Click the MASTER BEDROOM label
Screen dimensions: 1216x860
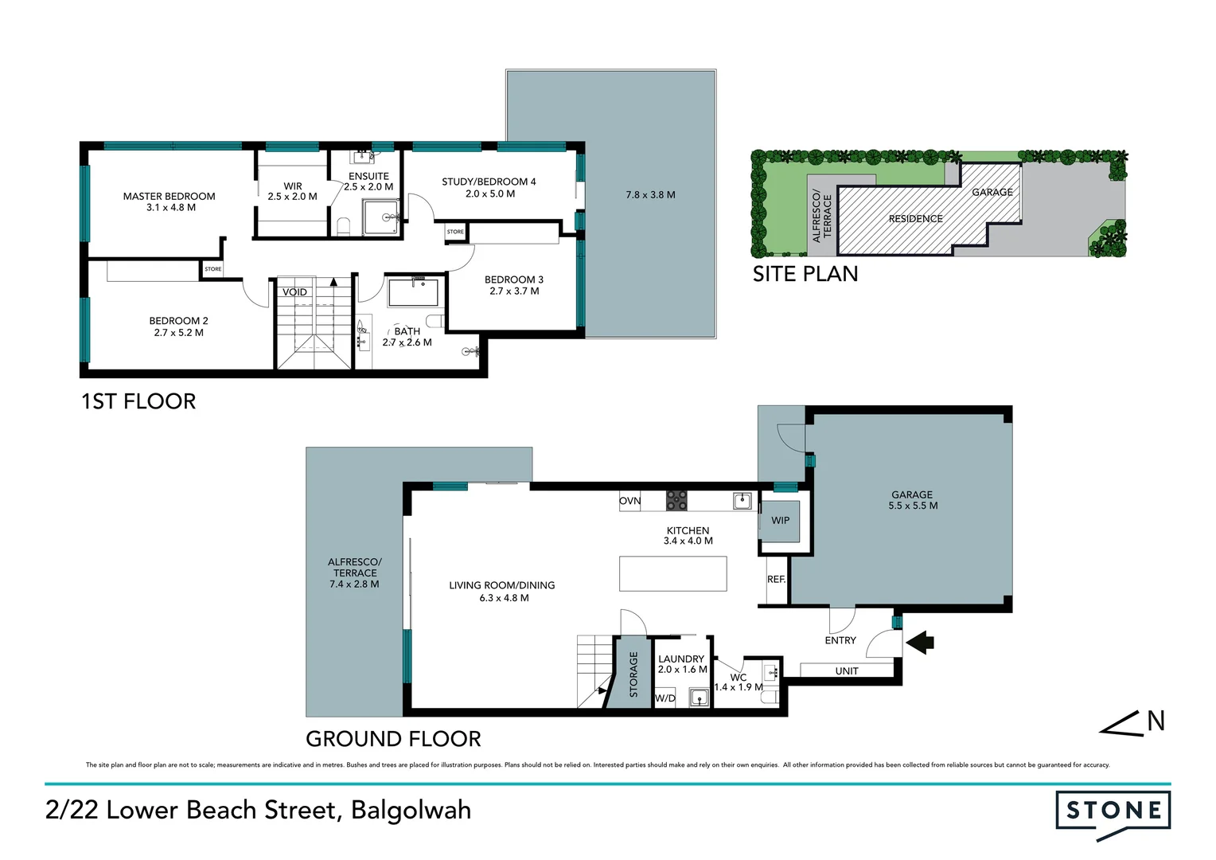point(169,196)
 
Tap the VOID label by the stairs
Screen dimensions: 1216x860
point(294,292)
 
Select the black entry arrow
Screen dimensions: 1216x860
point(920,643)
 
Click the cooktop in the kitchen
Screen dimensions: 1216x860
point(676,500)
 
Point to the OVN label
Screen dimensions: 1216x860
point(629,501)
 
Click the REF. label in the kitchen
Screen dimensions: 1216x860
point(776,580)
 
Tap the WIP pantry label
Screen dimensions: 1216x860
point(781,521)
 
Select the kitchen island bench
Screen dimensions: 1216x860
point(672,573)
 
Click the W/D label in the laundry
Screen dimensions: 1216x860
point(665,698)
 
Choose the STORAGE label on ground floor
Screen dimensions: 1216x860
point(633,674)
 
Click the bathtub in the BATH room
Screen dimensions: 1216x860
point(414,292)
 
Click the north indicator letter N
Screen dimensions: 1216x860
point(1156,721)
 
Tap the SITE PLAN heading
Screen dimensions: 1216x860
point(805,274)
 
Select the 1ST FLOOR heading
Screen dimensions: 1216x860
point(138,401)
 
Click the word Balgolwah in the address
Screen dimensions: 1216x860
point(411,810)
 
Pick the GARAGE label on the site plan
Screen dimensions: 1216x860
point(992,193)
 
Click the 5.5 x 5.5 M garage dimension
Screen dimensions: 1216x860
point(913,506)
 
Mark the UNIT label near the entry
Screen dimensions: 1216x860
point(847,671)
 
